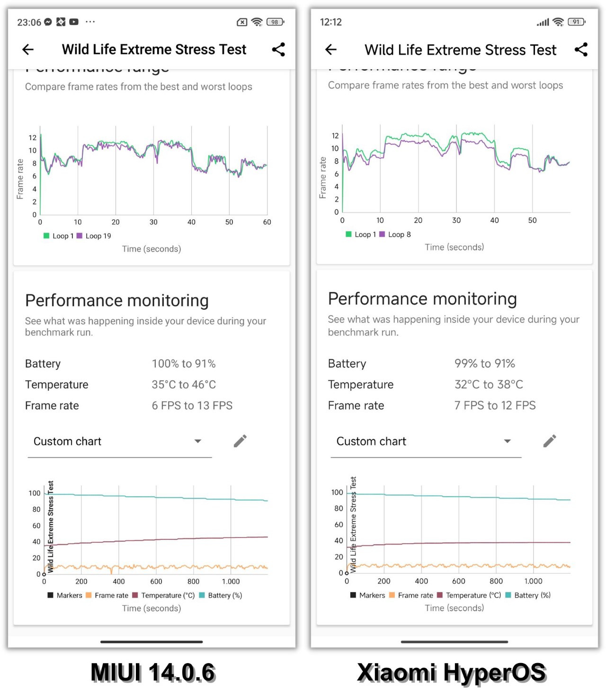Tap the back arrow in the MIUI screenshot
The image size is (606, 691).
tap(28, 49)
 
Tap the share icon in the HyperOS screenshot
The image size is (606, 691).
tap(581, 49)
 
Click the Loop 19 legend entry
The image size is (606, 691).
tap(94, 236)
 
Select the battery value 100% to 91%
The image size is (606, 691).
tap(184, 364)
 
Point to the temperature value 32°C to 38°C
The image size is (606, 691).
tap(489, 384)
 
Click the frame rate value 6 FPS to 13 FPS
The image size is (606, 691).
tap(192, 405)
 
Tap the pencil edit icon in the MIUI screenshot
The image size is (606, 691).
tap(240, 441)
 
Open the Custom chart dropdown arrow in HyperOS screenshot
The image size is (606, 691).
tap(507, 441)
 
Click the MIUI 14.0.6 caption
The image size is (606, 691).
tap(152, 673)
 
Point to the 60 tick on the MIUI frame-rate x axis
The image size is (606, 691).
tap(267, 222)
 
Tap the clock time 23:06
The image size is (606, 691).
tap(29, 22)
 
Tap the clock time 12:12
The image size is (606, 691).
tap(330, 22)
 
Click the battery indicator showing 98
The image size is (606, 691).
tap(275, 22)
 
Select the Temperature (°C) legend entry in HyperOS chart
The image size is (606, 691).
tap(469, 595)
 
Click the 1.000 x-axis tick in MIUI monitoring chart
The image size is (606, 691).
tap(231, 582)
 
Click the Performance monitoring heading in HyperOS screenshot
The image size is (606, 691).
tap(422, 299)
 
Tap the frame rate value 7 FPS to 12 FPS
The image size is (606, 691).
tap(495, 405)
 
